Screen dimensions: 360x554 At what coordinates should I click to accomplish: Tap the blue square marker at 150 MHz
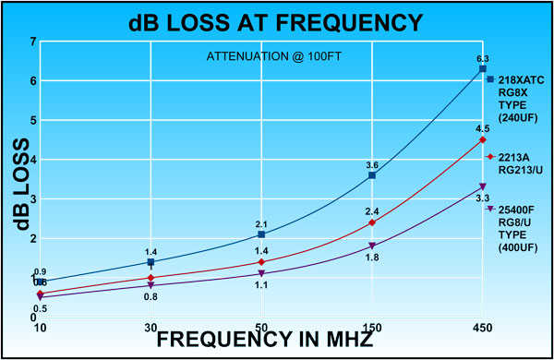pyautogui.click(x=372, y=174)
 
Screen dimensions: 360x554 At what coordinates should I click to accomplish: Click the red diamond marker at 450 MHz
pyautogui.click(x=483, y=139)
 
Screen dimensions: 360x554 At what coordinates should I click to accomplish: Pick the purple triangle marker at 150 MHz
pyautogui.click(x=372, y=246)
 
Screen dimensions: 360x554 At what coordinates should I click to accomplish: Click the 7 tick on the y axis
pyautogui.click(x=33, y=42)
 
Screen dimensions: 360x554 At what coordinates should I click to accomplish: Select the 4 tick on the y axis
pyautogui.click(x=33, y=160)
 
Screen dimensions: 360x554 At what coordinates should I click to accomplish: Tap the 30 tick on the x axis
pyautogui.click(x=151, y=328)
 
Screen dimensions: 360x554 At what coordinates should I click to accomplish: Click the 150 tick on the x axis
pyautogui.click(x=372, y=328)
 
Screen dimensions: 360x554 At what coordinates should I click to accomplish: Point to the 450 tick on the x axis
pyautogui.click(x=483, y=328)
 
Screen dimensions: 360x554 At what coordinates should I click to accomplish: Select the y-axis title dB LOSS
pyautogui.click(x=18, y=185)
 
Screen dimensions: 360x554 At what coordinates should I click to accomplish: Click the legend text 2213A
pyautogui.click(x=513, y=157)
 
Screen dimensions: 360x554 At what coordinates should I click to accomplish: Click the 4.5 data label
pyautogui.click(x=482, y=128)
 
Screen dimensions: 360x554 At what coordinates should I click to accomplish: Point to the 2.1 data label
pyautogui.click(x=261, y=224)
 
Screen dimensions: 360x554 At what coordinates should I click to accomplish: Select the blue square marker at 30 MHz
pyautogui.click(x=151, y=262)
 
